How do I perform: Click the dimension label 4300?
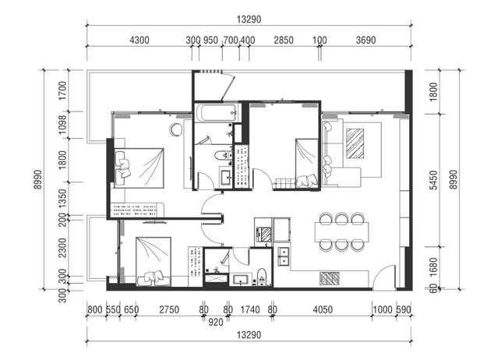pyautogui.click(x=139, y=41)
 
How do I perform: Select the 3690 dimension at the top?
pyautogui.click(x=365, y=41)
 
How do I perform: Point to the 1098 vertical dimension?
pyautogui.click(x=62, y=125)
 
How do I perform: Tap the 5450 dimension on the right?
pyautogui.click(x=434, y=180)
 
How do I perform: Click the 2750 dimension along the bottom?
pyautogui.click(x=169, y=309)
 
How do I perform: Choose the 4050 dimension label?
pyautogui.click(x=323, y=309)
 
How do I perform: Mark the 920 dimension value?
pyautogui.click(x=216, y=322)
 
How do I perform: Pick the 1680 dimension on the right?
pyautogui.click(x=434, y=267)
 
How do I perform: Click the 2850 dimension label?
pyautogui.click(x=284, y=41)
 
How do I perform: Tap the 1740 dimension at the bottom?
pyautogui.click(x=250, y=309)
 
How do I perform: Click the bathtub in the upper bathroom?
pyautogui.click(x=217, y=113)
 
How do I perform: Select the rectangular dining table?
pyautogui.click(x=341, y=231)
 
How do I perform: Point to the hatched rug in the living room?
pyautogui.click(x=355, y=143)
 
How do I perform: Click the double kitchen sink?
pyautogui.click(x=284, y=256)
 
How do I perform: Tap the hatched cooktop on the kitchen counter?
pyautogui.click(x=330, y=278)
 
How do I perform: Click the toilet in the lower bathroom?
pyautogui.click(x=262, y=277)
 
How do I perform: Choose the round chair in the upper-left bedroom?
pyautogui.click(x=176, y=129)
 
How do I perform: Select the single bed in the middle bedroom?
pyautogui.click(x=306, y=164)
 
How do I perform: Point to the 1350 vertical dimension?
pyautogui.click(x=62, y=199)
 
